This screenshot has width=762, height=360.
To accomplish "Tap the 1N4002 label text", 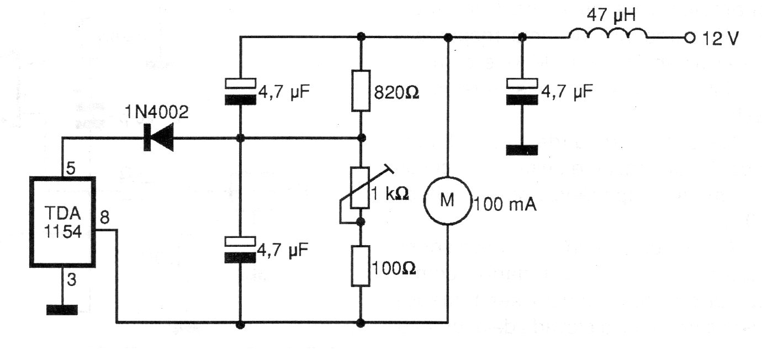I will point(156,114).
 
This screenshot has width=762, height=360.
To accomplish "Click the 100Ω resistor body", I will point(361,266).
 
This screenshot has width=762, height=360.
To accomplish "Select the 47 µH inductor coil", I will point(608,34).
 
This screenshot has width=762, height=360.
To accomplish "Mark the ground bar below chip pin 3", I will point(62,309).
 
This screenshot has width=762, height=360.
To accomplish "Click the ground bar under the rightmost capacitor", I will point(522,150).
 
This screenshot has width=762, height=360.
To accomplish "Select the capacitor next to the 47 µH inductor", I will point(522,92).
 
